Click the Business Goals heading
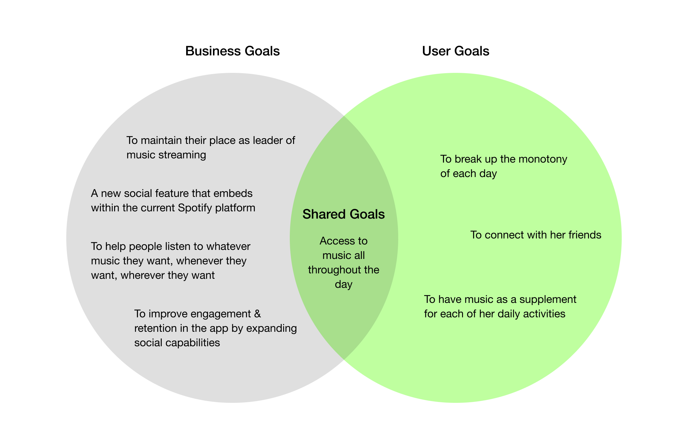pyautogui.click(x=232, y=51)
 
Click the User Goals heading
pyautogui.click(x=455, y=51)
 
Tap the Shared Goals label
pyautogui.click(x=343, y=214)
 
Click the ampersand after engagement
pyautogui.click(x=257, y=314)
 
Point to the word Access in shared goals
pyautogui.click(x=333, y=241)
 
